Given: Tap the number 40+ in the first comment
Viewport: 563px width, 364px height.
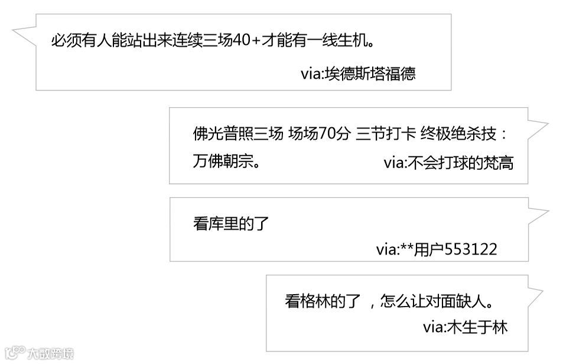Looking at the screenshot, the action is coord(248,42).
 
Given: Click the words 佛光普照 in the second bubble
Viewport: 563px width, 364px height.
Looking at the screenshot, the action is coord(223,134).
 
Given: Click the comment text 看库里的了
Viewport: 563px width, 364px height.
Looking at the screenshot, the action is coord(231,224).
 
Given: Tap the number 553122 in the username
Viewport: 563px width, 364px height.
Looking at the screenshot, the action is coord(471,249).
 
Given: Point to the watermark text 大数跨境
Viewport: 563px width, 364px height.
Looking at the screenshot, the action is coord(51,354).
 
